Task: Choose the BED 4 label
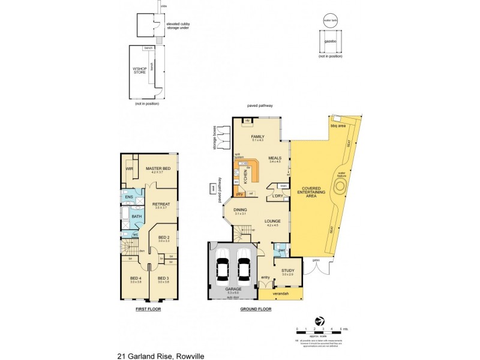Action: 136,278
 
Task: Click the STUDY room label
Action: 287,271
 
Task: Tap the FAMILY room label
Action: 257,137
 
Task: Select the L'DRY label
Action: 277,196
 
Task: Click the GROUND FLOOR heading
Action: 256,310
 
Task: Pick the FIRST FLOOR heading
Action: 148,310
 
